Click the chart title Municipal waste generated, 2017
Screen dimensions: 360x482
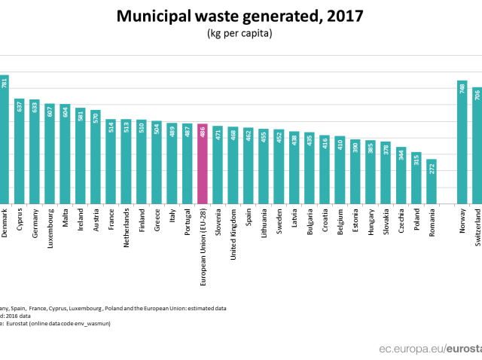[x=240, y=16]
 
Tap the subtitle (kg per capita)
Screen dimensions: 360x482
[x=240, y=33]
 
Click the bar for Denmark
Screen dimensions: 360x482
[x=4, y=139]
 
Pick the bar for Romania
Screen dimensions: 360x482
[x=431, y=181]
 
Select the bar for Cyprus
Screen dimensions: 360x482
[x=19, y=151]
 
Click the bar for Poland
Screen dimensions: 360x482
[x=416, y=177]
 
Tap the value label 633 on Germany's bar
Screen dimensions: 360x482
[x=35, y=106]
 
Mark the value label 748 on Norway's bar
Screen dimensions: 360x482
[x=462, y=88]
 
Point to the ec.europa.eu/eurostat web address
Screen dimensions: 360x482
[x=429, y=349]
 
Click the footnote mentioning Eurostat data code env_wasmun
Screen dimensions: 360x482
[x=60, y=322]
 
